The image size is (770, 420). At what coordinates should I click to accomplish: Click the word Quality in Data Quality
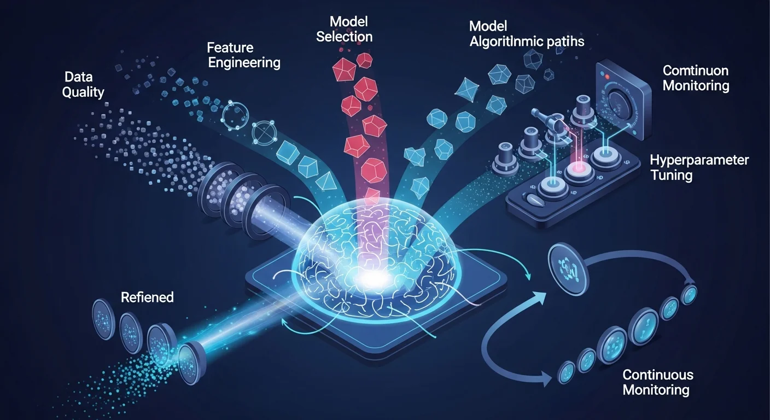[83, 92]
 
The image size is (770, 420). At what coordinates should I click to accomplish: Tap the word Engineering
[244, 62]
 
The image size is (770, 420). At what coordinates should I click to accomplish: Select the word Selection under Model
[344, 37]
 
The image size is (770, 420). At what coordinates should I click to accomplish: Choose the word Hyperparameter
[699, 160]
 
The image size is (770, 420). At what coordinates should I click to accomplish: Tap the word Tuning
[671, 176]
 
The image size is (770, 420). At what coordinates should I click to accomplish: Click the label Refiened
[147, 297]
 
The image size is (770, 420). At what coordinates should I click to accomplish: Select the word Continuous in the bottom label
[658, 375]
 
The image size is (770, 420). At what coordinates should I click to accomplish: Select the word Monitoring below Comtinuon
[696, 86]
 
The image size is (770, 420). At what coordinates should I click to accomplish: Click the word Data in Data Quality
[78, 77]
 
